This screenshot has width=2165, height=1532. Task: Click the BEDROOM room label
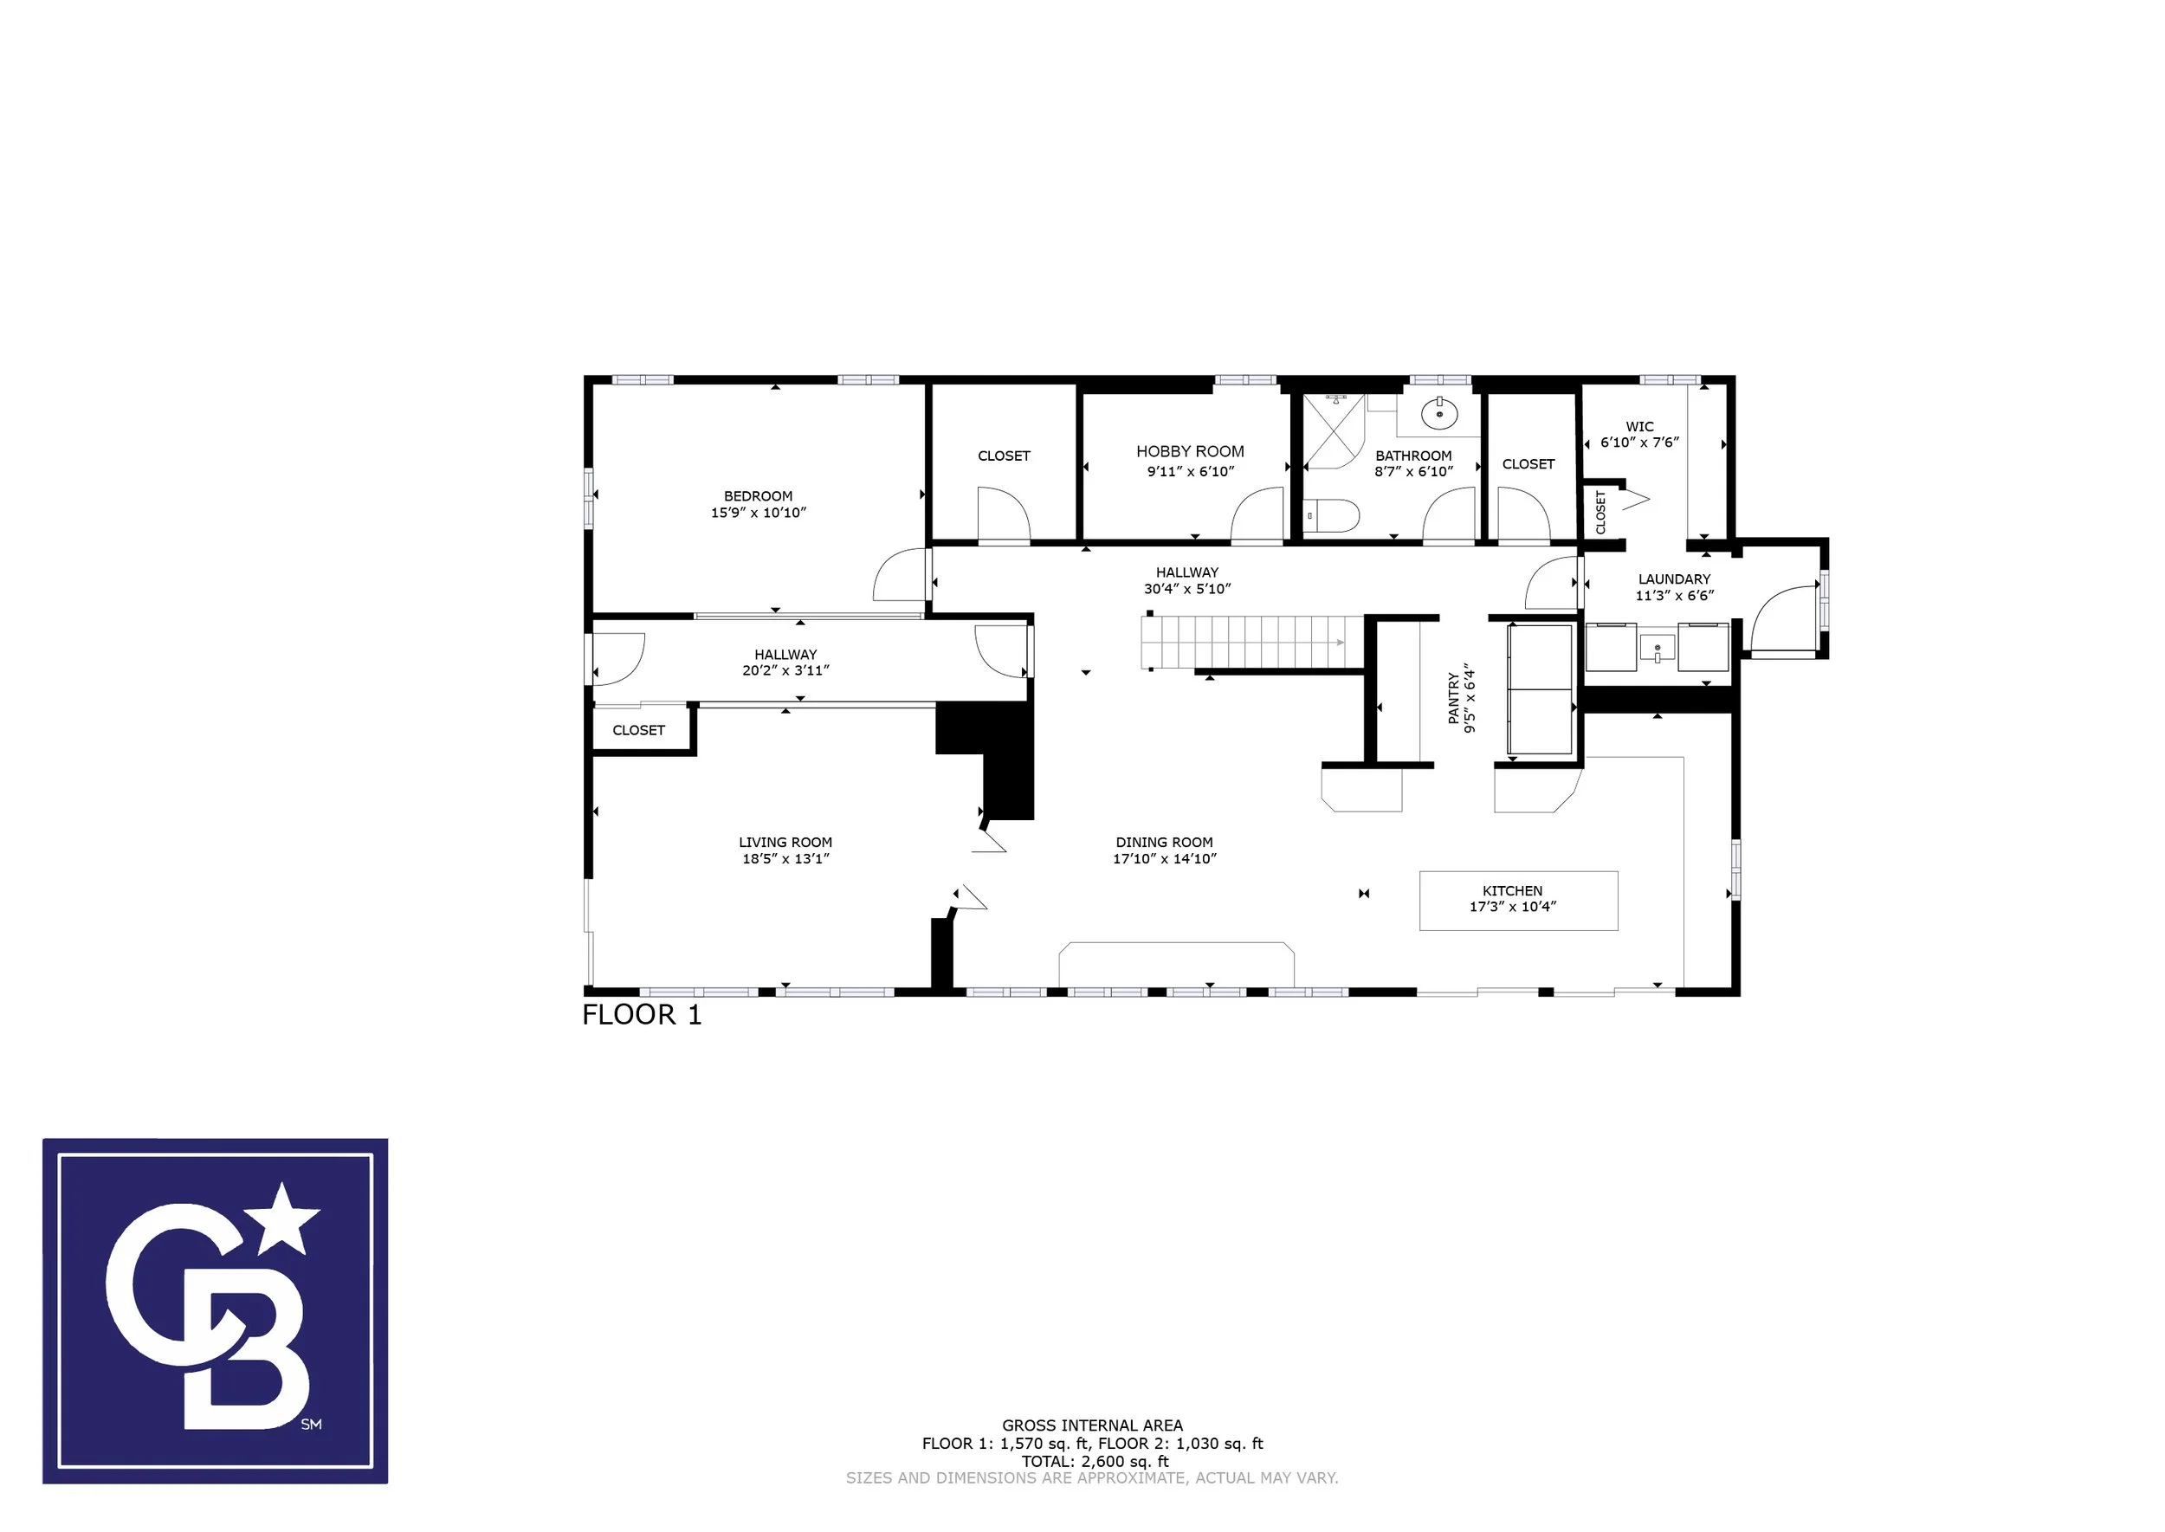(759, 496)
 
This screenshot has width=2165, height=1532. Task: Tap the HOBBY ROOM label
(1190, 452)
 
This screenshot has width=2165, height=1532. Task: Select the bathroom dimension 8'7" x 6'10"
(1413, 472)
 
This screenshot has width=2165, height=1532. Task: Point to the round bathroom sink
(1439, 413)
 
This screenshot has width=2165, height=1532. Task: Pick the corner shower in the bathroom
(1334, 431)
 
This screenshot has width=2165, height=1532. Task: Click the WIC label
(1639, 426)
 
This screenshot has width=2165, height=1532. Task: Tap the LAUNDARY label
(1675, 579)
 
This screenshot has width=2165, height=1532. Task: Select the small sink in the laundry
(1658, 648)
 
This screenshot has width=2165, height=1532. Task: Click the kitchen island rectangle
(1519, 901)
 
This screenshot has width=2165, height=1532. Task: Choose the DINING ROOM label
(1164, 843)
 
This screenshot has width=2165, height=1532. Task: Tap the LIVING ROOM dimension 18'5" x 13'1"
(785, 858)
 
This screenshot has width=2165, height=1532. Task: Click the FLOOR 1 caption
(643, 1015)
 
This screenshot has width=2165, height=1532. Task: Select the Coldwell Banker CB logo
(215, 1311)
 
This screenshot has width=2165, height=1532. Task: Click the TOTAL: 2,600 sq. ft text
(1095, 1461)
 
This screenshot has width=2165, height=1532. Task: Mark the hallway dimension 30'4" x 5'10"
(1186, 590)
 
